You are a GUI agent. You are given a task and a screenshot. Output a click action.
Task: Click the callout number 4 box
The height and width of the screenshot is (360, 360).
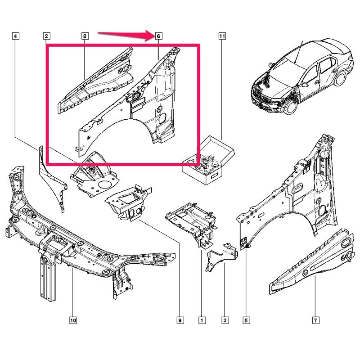point(15,36)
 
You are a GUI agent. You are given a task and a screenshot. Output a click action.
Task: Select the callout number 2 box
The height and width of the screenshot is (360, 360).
point(47,36)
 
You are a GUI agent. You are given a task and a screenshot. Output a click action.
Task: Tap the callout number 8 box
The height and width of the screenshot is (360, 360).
point(85,36)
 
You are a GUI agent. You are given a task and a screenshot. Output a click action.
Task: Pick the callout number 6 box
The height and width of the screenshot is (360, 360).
point(158,36)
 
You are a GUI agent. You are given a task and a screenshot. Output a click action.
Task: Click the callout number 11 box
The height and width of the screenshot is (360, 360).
point(222,36)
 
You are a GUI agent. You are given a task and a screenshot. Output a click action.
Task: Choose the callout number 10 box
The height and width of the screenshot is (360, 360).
point(73,320)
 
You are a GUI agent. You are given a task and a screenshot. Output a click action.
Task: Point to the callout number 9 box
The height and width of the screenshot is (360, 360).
point(180,320)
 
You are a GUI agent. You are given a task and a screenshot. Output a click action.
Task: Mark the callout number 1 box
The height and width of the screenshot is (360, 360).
point(202,320)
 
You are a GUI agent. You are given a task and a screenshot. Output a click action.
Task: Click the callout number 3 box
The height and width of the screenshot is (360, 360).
point(225,320)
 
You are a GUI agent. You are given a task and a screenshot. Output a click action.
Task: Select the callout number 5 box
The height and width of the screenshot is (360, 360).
point(246,320)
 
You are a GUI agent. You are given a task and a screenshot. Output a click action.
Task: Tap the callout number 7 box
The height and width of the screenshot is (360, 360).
point(315,320)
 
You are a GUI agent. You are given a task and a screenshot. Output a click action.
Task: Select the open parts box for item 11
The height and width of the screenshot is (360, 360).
point(208,160)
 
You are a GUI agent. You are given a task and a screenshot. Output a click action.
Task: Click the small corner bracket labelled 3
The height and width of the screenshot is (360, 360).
point(221,256)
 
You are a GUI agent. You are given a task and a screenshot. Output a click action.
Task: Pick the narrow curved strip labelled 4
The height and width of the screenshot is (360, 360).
point(52,179)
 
